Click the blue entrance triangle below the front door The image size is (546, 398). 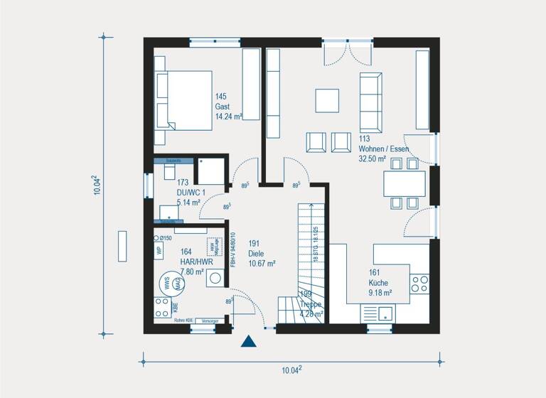point(248,342)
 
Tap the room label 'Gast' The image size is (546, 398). point(223,105)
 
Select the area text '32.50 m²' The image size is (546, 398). point(373,159)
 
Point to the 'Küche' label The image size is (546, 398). point(378,281)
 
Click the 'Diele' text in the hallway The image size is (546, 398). point(257,253)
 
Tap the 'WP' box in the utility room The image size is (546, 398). point(159,250)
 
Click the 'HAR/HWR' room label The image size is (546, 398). point(196,261)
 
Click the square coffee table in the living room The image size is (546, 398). point(328,100)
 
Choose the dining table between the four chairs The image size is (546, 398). point(406,183)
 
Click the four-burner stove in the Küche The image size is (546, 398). point(419,284)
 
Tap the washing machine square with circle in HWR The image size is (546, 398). point(214,279)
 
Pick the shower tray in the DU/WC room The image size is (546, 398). point(211,172)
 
